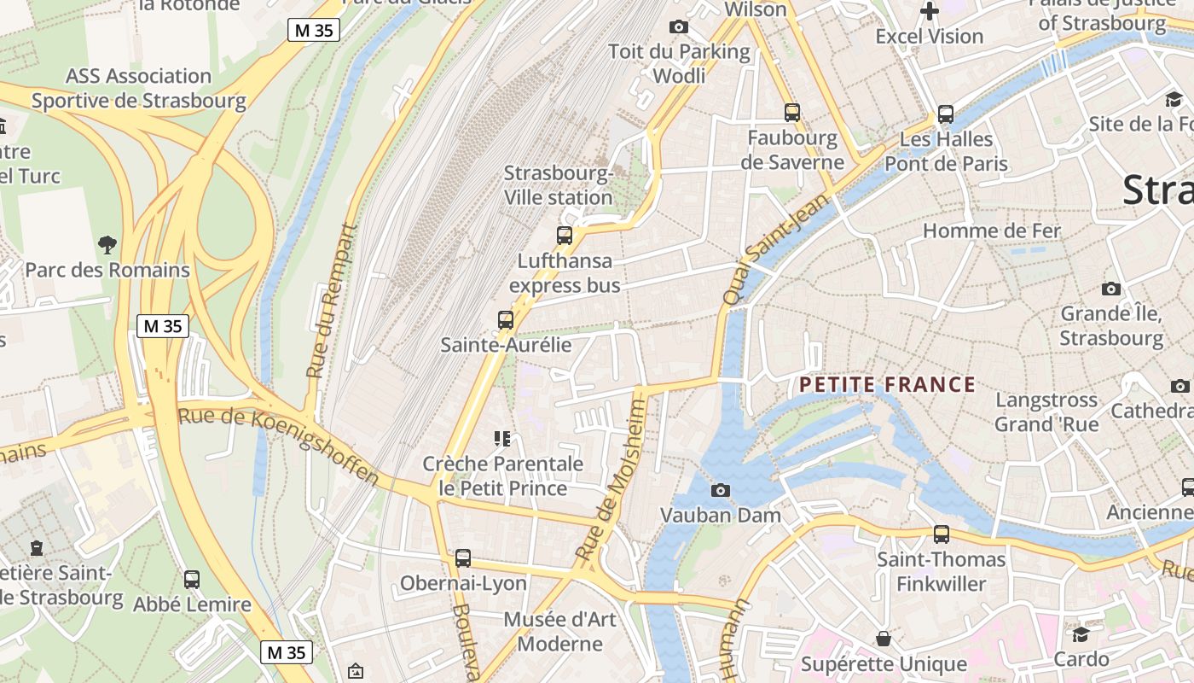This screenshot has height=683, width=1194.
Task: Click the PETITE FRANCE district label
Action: (887, 385)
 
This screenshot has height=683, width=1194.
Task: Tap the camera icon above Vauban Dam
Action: (721, 490)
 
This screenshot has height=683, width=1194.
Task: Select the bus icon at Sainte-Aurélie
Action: (506, 320)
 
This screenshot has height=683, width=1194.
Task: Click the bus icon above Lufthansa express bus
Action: (565, 236)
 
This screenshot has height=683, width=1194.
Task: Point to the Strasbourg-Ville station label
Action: (559, 185)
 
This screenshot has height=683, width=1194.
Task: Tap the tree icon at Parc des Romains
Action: (107, 245)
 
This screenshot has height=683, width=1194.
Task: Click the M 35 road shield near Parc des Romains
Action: (162, 326)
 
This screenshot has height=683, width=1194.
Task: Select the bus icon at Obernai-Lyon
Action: (463, 558)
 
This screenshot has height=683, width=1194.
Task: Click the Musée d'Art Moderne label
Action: (559, 631)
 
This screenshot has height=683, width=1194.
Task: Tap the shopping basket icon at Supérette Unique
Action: (884, 639)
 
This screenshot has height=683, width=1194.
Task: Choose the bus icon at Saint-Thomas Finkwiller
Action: (942, 534)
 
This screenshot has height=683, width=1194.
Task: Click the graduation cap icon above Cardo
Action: (1081, 634)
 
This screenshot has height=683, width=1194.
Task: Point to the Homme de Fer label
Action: (991, 231)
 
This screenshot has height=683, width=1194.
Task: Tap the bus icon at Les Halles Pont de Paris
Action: (946, 114)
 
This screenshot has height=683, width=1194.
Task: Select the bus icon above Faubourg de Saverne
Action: (792, 112)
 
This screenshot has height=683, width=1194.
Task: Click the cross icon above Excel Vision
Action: (930, 11)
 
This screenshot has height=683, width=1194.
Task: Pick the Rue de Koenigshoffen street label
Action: (278, 447)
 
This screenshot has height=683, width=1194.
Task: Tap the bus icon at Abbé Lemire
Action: (192, 580)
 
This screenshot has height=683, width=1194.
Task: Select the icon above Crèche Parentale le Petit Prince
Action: (502, 439)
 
